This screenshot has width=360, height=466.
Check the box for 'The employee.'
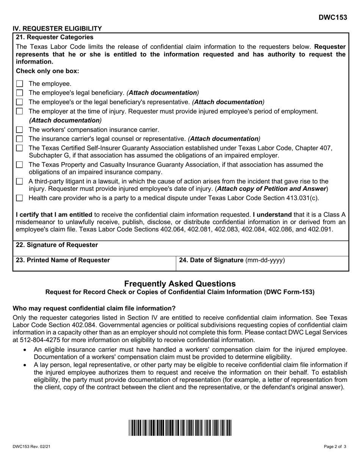(x=20, y=84)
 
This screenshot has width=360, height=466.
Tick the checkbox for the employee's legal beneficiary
(x=20, y=93)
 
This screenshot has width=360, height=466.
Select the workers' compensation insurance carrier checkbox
(x=20, y=130)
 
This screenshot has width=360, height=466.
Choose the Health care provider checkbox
(x=20, y=198)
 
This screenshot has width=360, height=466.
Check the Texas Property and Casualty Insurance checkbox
(x=20, y=165)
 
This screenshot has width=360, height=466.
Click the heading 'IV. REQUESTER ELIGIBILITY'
(x=57, y=28)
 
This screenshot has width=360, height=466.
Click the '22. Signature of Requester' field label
(x=57, y=245)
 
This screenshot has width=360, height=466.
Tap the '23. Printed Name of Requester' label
(x=63, y=260)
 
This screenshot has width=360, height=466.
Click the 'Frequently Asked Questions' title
(x=180, y=283)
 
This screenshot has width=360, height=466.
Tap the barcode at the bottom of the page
(x=180, y=428)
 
